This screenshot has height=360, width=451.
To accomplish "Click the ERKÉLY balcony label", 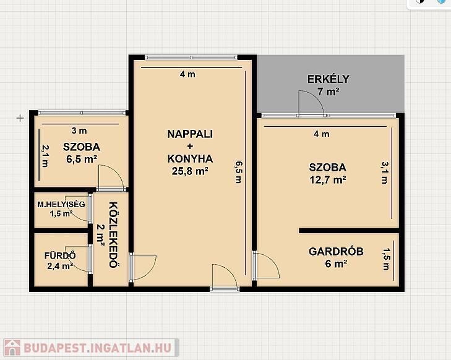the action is click(328, 79).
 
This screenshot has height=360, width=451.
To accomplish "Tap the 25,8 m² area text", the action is click(190, 171).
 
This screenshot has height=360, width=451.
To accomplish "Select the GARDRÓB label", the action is click(336, 252).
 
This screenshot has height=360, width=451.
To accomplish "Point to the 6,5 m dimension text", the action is click(239, 172).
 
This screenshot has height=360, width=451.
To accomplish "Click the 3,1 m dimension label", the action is click(385, 173).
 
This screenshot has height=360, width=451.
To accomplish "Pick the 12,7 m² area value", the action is click(328, 180).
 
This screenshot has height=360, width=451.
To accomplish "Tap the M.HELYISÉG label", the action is click(61, 205).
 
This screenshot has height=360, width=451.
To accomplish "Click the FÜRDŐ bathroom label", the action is click(60, 255).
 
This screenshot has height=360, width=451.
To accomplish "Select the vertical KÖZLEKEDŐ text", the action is click(114, 235).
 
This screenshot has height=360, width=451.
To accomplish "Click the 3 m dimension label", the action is click(79, 131).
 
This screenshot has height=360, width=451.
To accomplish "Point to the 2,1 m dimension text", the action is click(45, 156).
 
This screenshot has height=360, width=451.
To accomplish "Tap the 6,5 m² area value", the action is click(82, 159).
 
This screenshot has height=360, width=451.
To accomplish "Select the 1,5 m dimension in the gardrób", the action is click(385, 259).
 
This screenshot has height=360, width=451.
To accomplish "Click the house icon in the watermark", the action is click(12, 348).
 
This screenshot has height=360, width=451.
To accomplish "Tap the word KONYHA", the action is click(190, 159).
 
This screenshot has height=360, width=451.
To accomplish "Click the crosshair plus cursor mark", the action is click(20, 118).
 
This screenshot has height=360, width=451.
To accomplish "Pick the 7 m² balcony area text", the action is click(328, 92).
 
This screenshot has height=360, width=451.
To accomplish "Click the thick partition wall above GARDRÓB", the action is click(349, 231).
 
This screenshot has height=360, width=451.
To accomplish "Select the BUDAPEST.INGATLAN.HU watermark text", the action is click(98, 348).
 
